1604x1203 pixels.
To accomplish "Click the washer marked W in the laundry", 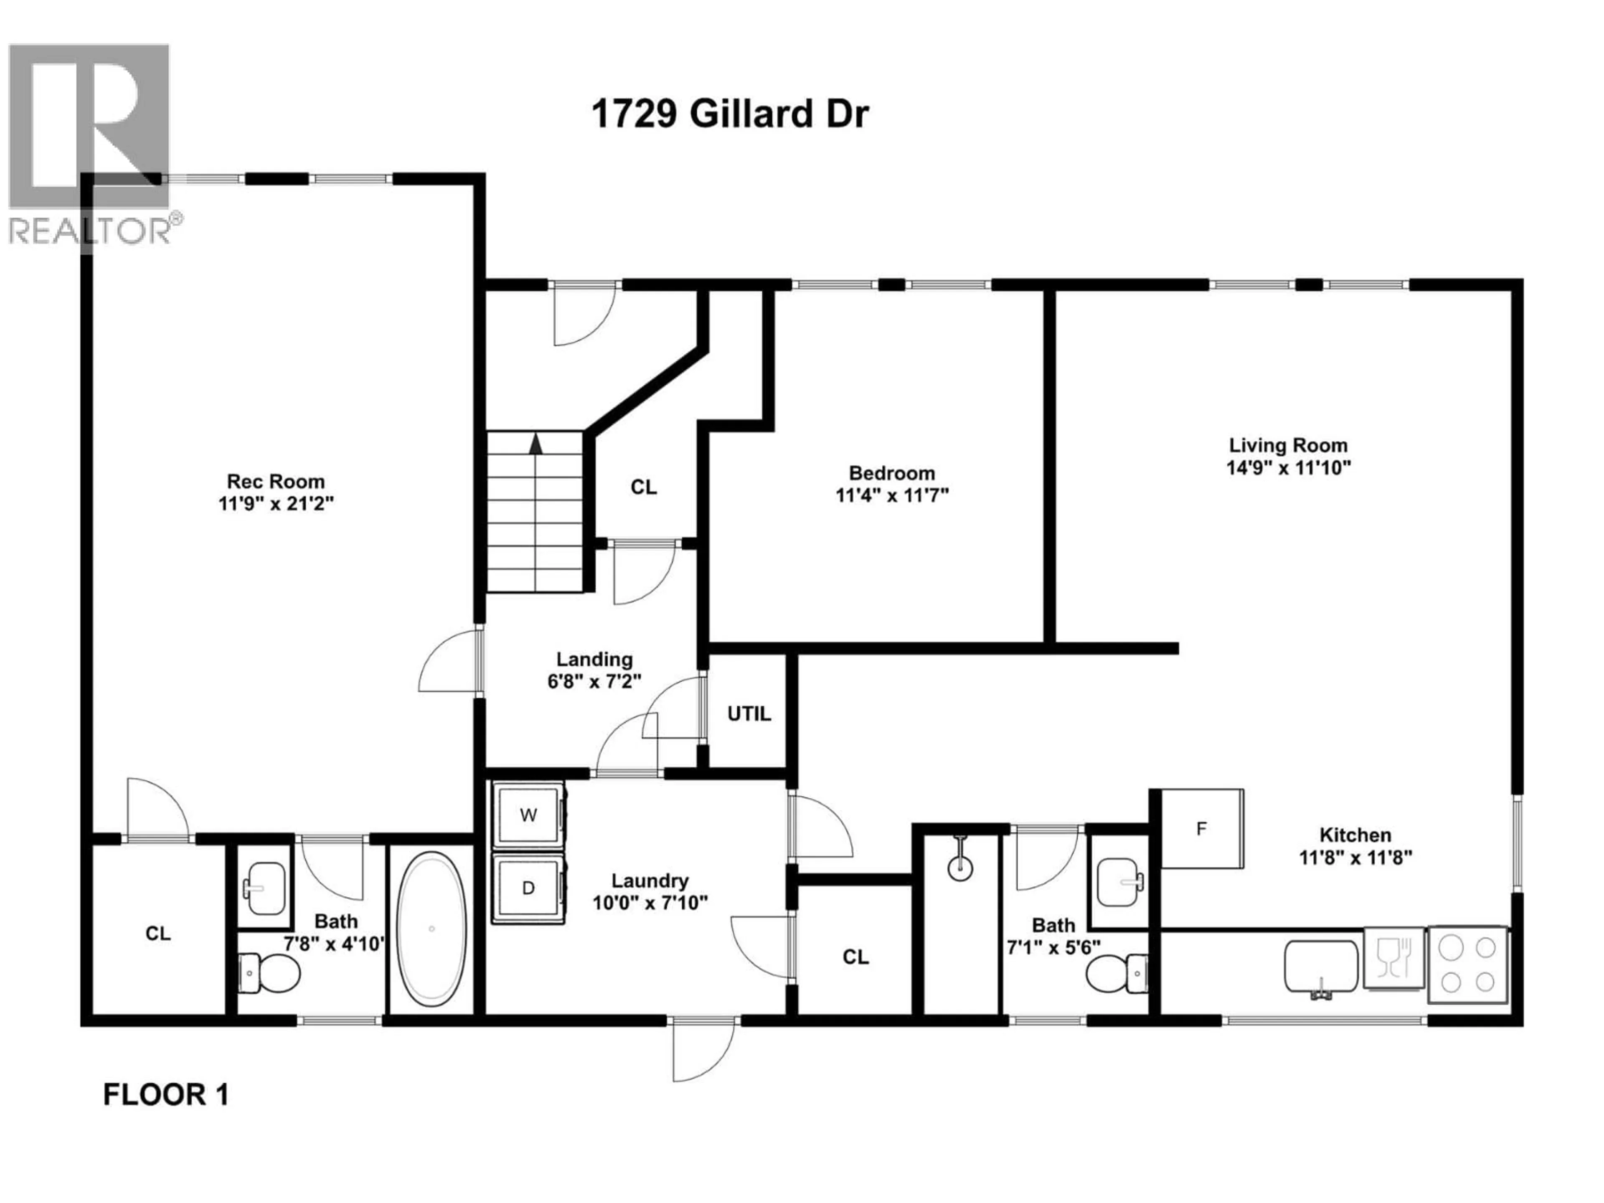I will pyautogui.click(x=528, y=815).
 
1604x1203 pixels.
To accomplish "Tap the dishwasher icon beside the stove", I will pyautogui.click(x=1392, y=957).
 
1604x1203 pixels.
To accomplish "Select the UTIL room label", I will pyautogui.click(x=749, y=714).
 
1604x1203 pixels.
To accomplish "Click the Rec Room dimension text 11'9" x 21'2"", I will pyautogui.click(x=276, y=503).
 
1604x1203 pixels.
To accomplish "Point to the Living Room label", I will pyautogui.click(x=1288, y=445).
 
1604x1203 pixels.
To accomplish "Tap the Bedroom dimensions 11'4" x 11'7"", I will pyautogui.click(x=892, y=495).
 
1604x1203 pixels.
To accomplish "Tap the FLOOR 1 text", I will pyautogui.click(x=166, y=1095).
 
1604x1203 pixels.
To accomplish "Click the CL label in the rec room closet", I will pyautogui.click(x=158, y=933).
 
